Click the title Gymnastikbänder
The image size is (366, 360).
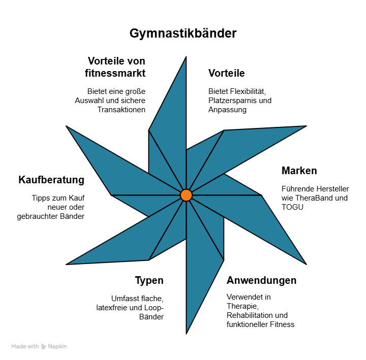tap(183, 34)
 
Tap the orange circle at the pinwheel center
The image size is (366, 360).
tap(186, 195)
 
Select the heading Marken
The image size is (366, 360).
tap(299, 170)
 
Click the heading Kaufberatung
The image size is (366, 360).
tap(51, 180)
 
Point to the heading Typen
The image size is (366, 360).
tap(149, 281)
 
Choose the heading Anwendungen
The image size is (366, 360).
tap(261, 281)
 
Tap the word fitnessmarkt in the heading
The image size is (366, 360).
tap(115, 73)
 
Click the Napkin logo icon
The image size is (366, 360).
tap(44, 346)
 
